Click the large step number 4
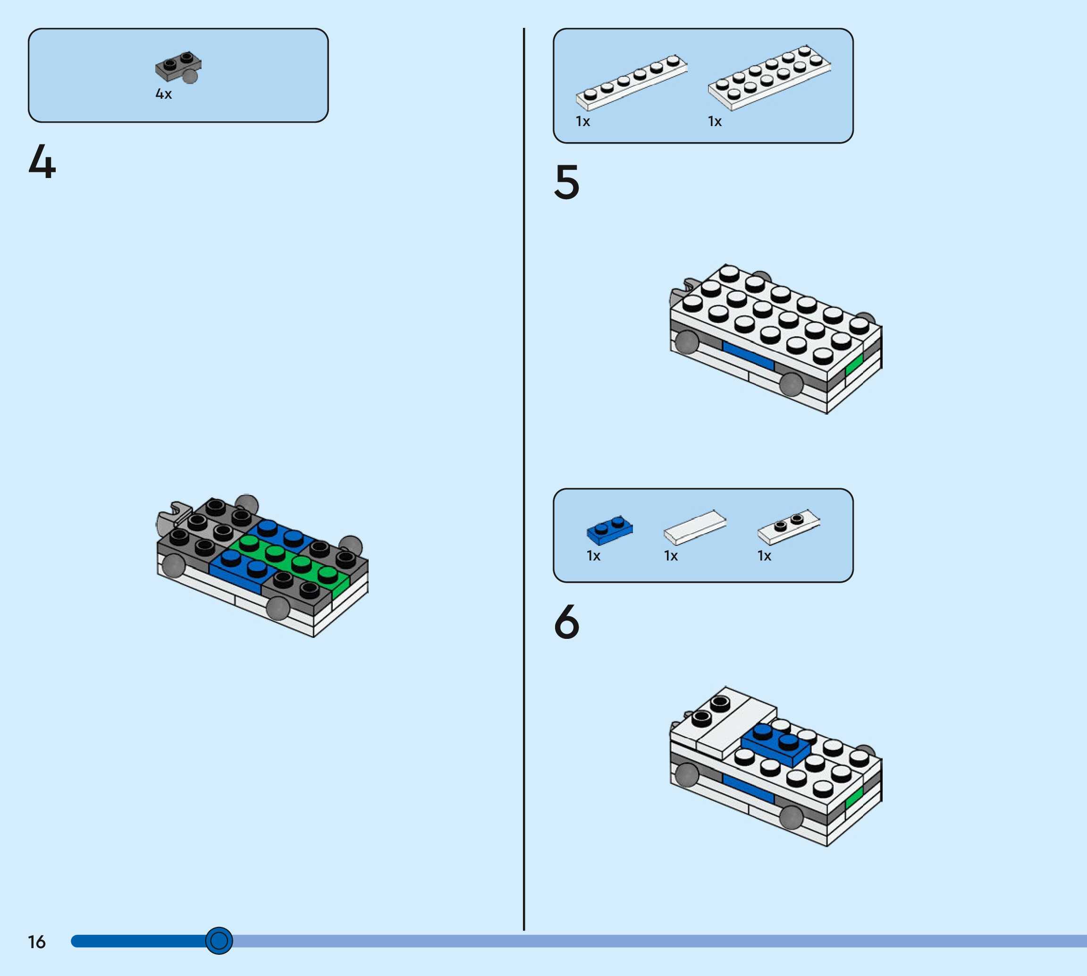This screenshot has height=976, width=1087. click(42, 161)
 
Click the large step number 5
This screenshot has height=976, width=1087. click(566, 182)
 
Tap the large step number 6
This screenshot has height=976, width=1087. click(566, 621)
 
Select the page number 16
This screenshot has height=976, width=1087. click(36, 942)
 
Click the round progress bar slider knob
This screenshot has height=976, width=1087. click(219, 940)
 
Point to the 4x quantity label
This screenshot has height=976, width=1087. click(163, 94)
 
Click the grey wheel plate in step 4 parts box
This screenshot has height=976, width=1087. click(178, 67)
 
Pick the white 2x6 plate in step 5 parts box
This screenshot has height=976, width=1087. click(769, 78)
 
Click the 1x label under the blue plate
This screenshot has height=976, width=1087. click(593, 556)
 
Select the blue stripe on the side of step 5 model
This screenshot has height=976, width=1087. click(748, 355)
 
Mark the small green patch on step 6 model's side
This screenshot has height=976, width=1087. click(854, 798)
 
